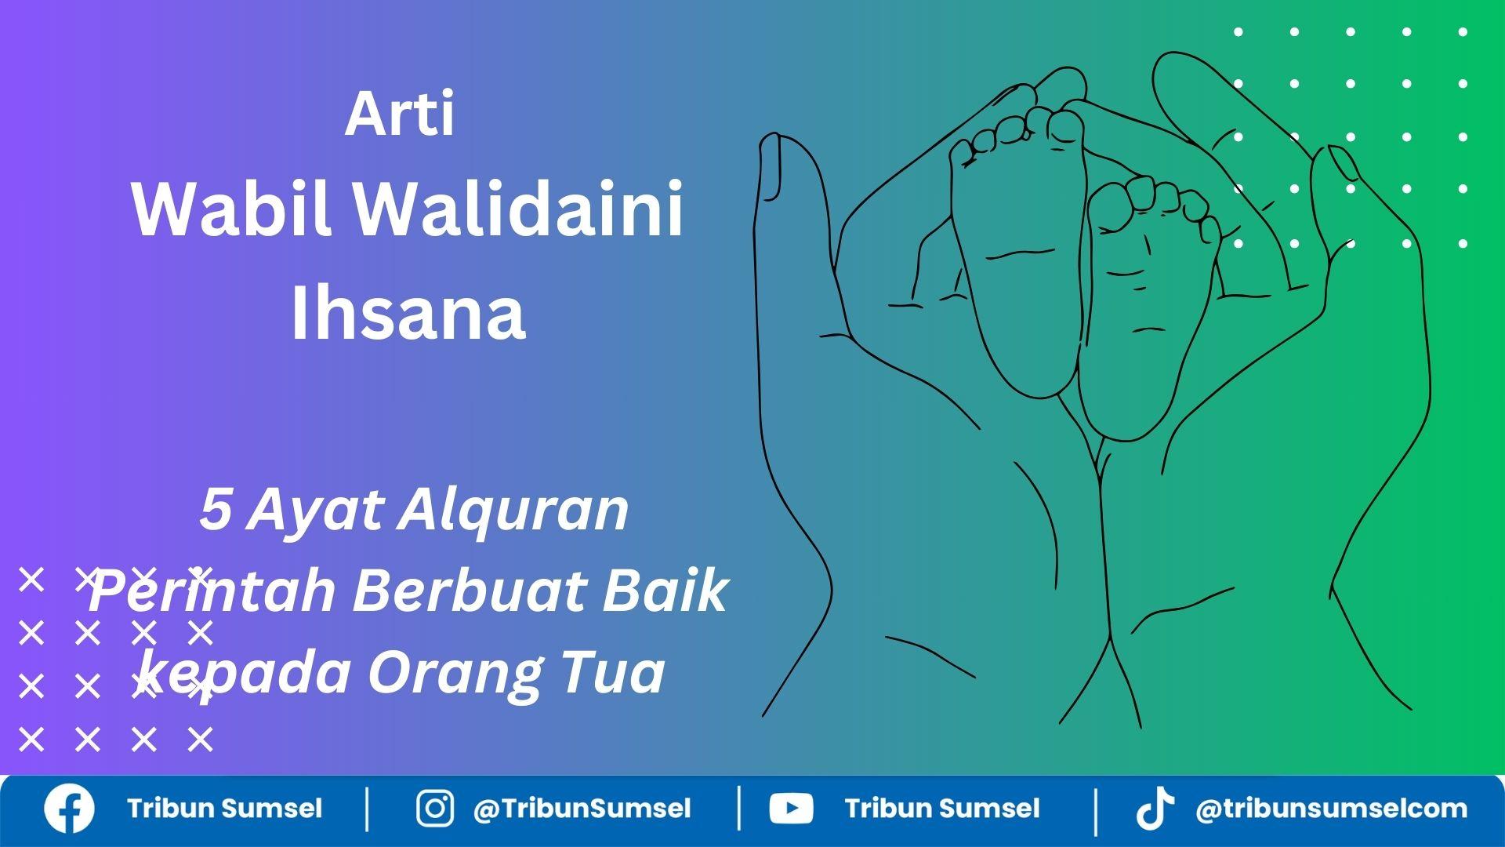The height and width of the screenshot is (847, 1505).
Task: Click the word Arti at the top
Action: pyautogui.click(x=400, y=115)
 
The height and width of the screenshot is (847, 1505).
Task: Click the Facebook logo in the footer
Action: pyautogui.click(x=69, y=809)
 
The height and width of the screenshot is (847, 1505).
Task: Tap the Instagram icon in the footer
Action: pyautogui.click(x=434, y=809)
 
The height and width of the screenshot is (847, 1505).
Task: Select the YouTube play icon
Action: pyautogui.click(x=791, y=809)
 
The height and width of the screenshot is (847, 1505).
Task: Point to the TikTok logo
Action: pyautogui.click(x=1155, y=809)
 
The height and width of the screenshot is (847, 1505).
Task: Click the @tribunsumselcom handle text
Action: pyautogui.click(x=1331, y=809)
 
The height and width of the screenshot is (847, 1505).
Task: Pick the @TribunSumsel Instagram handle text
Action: pyautogui.click(x=582, y=809)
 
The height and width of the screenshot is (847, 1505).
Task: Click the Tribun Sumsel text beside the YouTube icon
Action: pyautogui.click(x=942, y=809)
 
